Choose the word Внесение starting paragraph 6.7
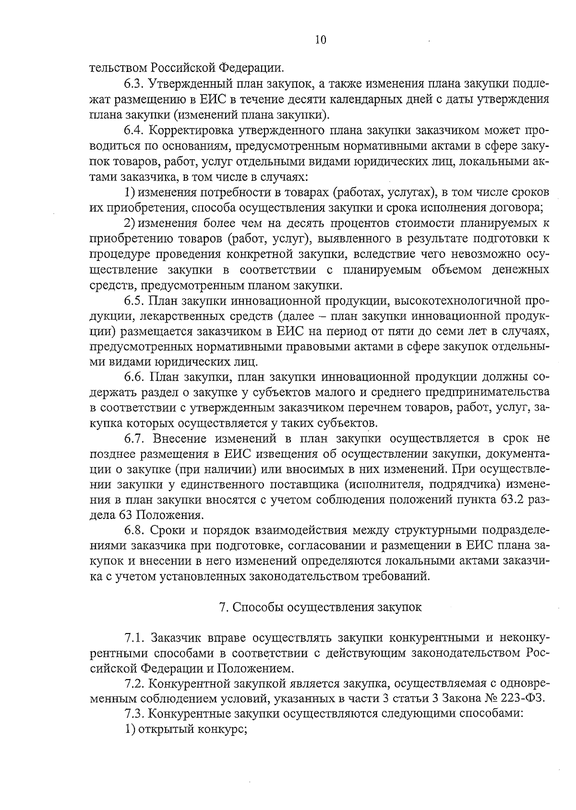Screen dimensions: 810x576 point(180,438)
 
